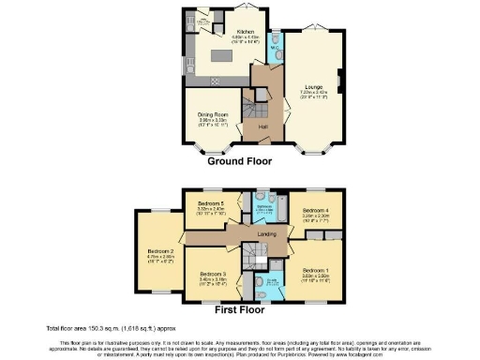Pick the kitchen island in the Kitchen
[x=221, y=54]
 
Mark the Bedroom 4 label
[x=312, y=212]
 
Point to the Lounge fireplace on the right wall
[x=339, y=82]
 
